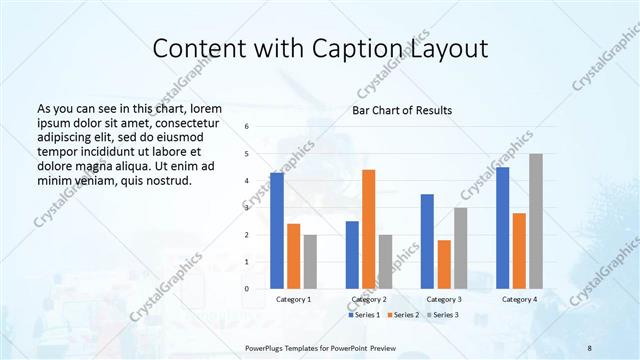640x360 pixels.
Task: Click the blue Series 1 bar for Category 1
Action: (x=277, y=230)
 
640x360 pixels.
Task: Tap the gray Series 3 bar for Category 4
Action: (x=536, y=221)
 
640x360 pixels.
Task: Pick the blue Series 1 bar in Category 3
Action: (x=427, y=241)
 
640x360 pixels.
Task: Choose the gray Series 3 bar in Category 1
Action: (x=310, y=261)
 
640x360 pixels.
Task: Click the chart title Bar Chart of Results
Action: (x=402, y=110)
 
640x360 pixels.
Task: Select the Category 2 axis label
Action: (x=368, y=299)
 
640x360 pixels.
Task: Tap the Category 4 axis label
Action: (x=519, y=299)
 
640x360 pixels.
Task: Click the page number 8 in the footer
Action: (x=590, y=347)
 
